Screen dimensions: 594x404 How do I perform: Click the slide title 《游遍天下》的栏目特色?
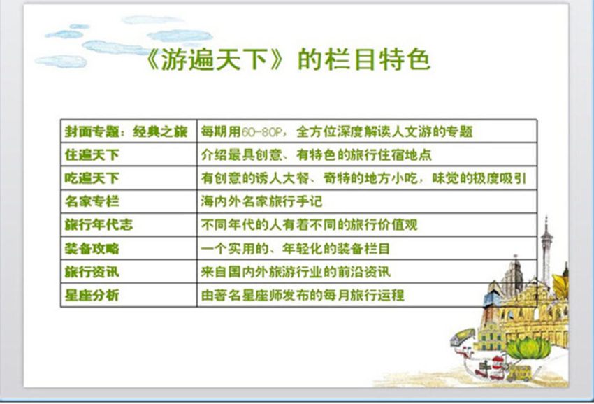289,59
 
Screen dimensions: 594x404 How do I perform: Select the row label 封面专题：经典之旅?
126,131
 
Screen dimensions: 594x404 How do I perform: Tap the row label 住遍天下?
92,154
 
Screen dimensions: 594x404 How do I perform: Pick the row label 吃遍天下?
92,178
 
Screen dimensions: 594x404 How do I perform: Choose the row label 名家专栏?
92,201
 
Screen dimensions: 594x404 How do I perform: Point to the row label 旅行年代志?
99,225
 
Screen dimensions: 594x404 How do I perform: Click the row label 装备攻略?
92,248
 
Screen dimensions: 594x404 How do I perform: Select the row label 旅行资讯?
92,272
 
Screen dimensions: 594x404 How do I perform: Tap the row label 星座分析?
92,295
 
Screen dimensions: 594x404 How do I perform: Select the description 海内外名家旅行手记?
262,201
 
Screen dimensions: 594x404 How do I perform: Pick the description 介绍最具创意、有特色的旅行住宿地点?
317,154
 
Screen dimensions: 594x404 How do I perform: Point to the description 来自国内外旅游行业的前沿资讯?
296,272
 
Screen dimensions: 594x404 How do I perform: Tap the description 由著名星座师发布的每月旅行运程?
303,295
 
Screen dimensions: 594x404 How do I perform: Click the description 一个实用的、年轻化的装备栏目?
296,248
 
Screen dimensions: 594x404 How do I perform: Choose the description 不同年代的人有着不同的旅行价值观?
310,225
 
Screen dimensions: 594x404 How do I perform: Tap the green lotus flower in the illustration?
529,347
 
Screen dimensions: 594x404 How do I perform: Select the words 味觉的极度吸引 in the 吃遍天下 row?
479,178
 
